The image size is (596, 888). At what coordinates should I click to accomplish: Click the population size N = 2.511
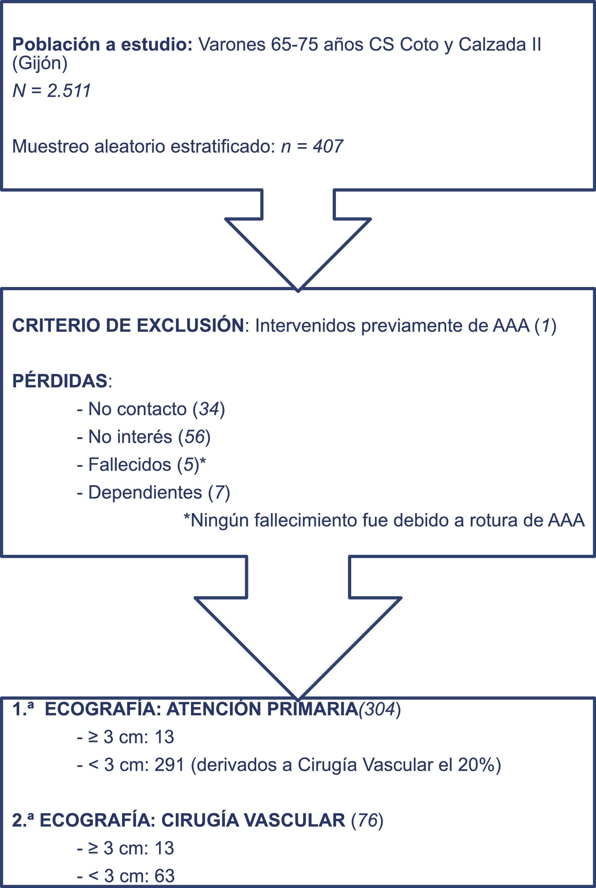tap(52, 91)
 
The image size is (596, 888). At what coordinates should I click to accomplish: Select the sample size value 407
tap(328, 146)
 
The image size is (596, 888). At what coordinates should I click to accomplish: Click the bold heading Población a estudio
tap(102, 45)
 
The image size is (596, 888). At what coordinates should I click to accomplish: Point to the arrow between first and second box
tap(298, 240)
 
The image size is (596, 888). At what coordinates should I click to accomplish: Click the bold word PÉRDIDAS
tap(60, 381)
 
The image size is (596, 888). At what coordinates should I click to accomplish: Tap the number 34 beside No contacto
tap(209, 409)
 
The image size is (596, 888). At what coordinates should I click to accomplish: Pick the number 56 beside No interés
tap(195, 437)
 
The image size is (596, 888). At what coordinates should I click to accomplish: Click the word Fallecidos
tap(130, 465)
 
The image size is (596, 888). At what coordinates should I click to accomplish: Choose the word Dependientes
tap(145, 492)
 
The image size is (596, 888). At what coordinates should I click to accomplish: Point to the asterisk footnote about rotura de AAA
tap(384, 520)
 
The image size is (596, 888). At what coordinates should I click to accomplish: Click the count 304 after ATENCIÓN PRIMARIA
tap(379, 710)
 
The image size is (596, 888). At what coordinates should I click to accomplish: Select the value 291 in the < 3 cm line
tap(169, 765)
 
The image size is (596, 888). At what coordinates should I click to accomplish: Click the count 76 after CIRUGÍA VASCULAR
tap(367, 821)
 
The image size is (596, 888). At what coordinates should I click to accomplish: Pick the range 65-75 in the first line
tap(294, 45)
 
